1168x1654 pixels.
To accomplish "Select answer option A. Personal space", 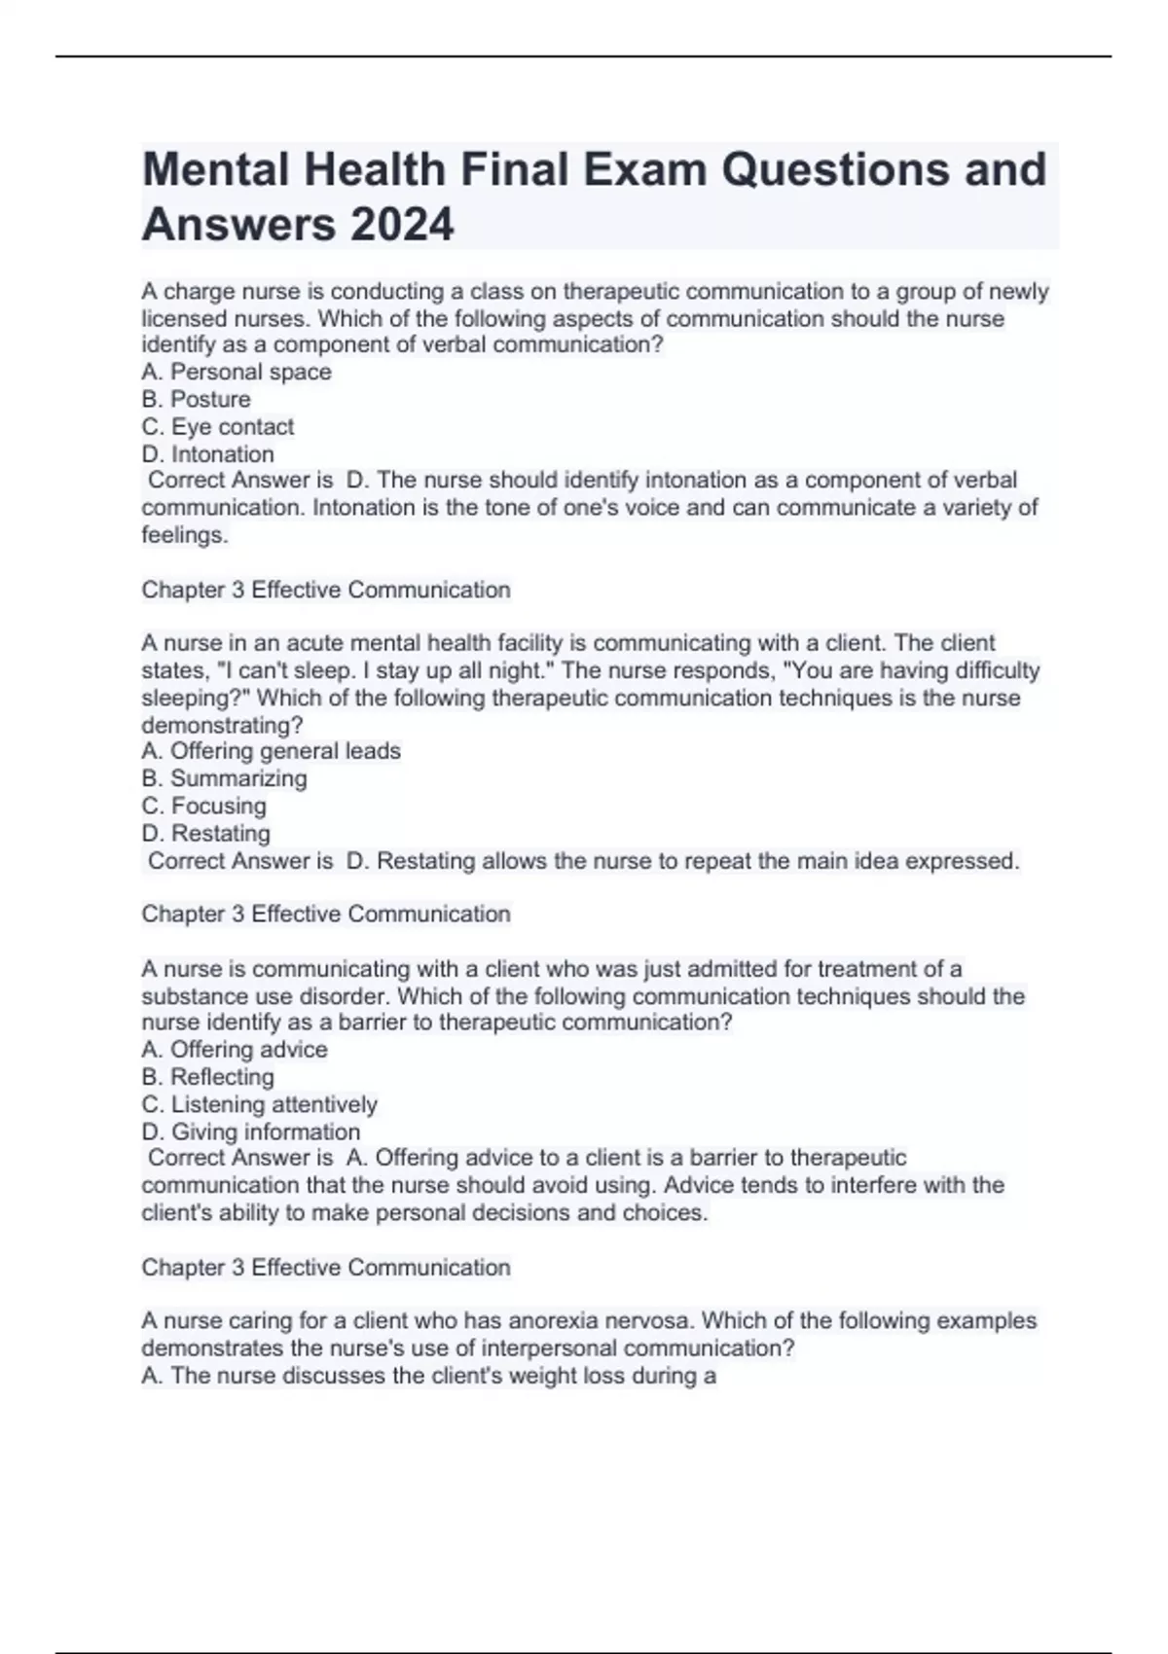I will [237, 372].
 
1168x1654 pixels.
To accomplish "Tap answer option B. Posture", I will [196, 399].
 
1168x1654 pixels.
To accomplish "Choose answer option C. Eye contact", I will [218, 426].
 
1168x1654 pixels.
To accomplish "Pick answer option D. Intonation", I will [208, 453].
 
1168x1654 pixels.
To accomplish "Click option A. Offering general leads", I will [271, 751].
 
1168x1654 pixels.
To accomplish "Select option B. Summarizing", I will [224, 778].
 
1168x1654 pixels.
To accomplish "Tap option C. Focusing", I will [204, 806].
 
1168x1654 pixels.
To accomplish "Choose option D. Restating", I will [206, 833].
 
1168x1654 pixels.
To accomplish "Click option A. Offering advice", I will [235, 1049].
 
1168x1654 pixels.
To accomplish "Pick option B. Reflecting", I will [208, 1077].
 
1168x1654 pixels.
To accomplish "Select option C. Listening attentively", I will [260, 1104].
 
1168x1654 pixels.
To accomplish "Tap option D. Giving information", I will [251, 1132].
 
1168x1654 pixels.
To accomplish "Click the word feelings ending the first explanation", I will [185, 534].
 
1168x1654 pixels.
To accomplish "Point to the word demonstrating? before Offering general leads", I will [222, 725].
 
